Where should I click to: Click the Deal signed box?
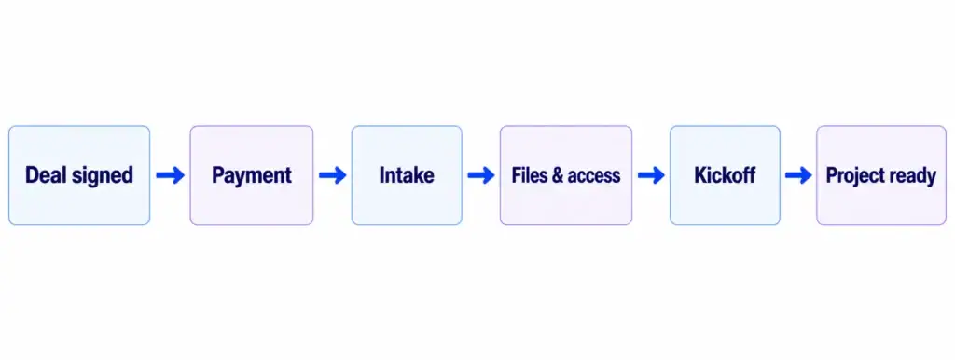[x=79, y=175]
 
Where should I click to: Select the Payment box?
[x=252, y=175]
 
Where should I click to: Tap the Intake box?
[x=407, y=175]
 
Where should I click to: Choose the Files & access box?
[x=566, y=175]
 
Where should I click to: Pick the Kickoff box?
[x=725, y=175]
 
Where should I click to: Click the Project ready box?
[x=881, y=175]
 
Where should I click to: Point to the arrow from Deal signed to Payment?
[x=170, y=176]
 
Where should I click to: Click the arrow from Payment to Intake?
[x=333, y=176]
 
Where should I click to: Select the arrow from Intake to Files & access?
[x=481, y=176]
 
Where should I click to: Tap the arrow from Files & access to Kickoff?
[x=651, y=176]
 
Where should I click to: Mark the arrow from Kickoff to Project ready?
[x=798, y=176]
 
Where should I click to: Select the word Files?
[x=529, y=175]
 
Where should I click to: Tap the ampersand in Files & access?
[x=558, y=175]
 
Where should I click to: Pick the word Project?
[x=853, y=176]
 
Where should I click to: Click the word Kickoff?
[x=725, y=175]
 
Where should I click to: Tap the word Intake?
[x=407, y=175]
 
